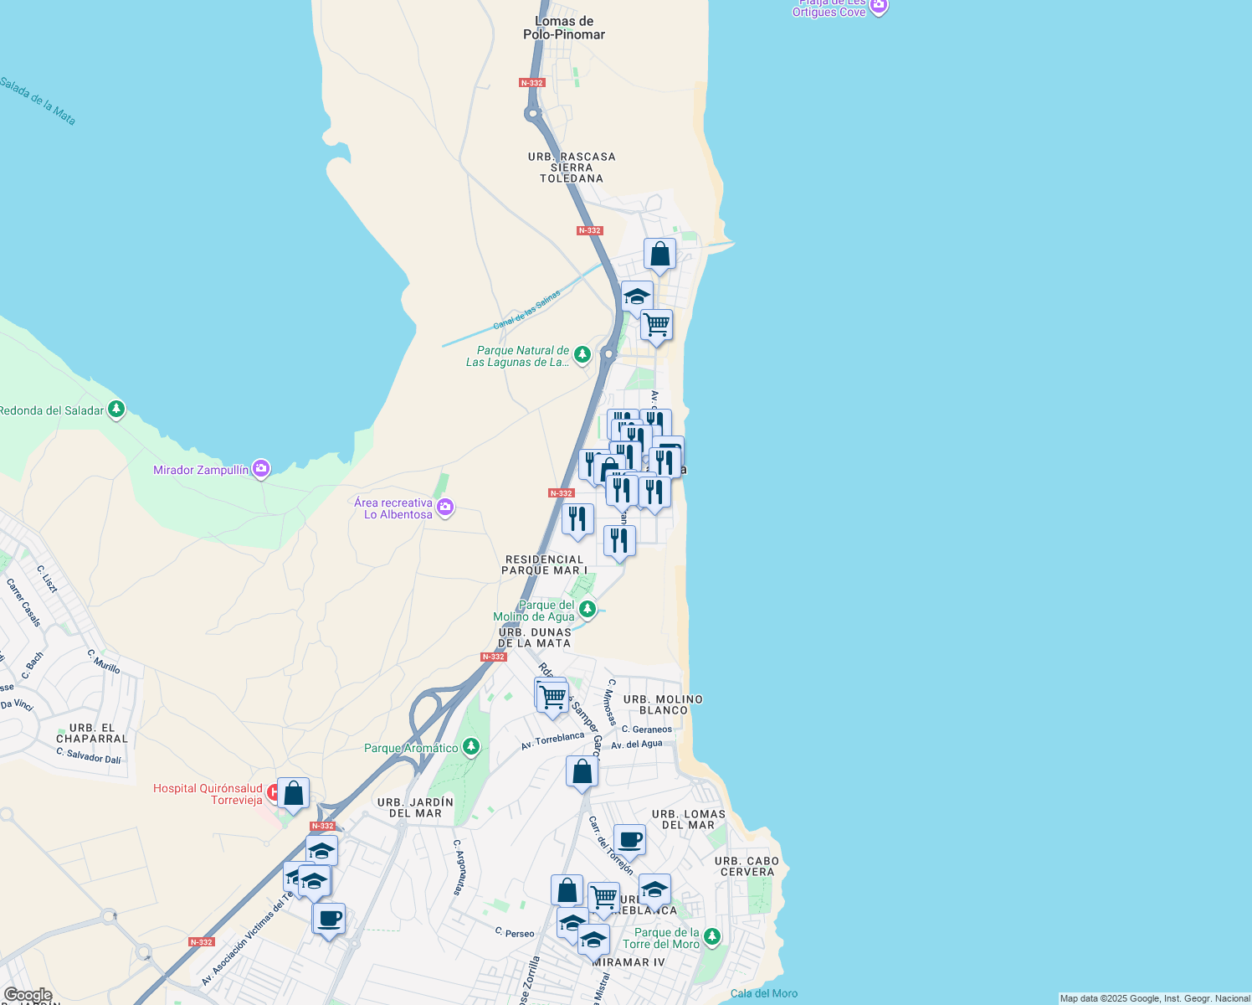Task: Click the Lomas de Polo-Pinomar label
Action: [563, 28]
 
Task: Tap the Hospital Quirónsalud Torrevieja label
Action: [208, 794]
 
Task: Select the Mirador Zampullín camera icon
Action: [261, 470]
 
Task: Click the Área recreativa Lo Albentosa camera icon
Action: [445, 508]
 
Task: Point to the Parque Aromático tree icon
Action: [472, 747]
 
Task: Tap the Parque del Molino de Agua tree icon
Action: [588, 610]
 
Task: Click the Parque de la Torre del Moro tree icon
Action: [712, 936]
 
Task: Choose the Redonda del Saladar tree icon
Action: [116, 410]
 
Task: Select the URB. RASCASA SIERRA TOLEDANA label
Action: [572, 167]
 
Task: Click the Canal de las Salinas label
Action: [526, 310]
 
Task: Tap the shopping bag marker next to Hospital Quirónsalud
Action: [294, 794]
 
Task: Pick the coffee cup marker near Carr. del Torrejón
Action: [630, 840]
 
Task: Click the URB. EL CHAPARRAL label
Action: [92, 734]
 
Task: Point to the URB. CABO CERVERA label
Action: [747, 866]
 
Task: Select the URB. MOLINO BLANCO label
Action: [663, 704]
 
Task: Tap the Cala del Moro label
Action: [763, 993]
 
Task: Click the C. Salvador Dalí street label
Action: [89, 755]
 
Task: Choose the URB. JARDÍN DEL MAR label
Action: [415, 807]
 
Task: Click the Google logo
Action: [28, 995]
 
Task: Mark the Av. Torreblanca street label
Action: [552, 741]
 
